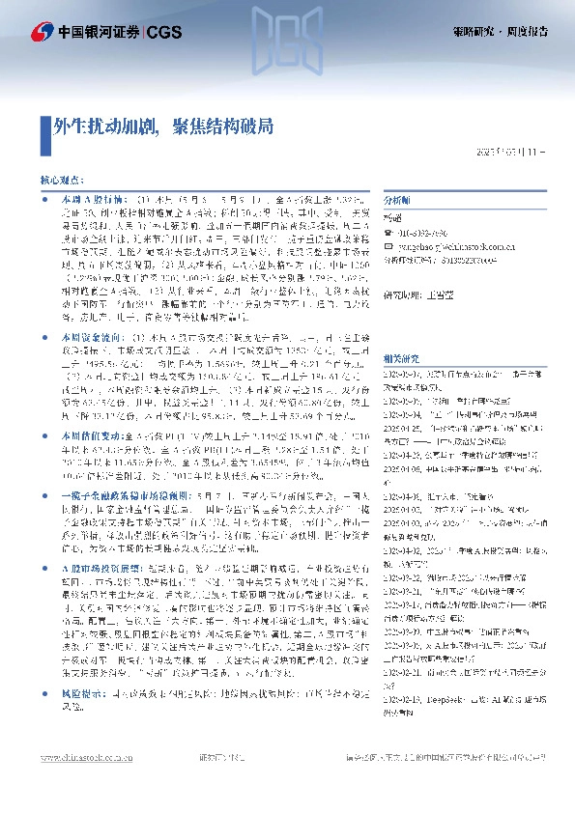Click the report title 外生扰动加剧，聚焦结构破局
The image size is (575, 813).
click(x=162, y=126)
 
